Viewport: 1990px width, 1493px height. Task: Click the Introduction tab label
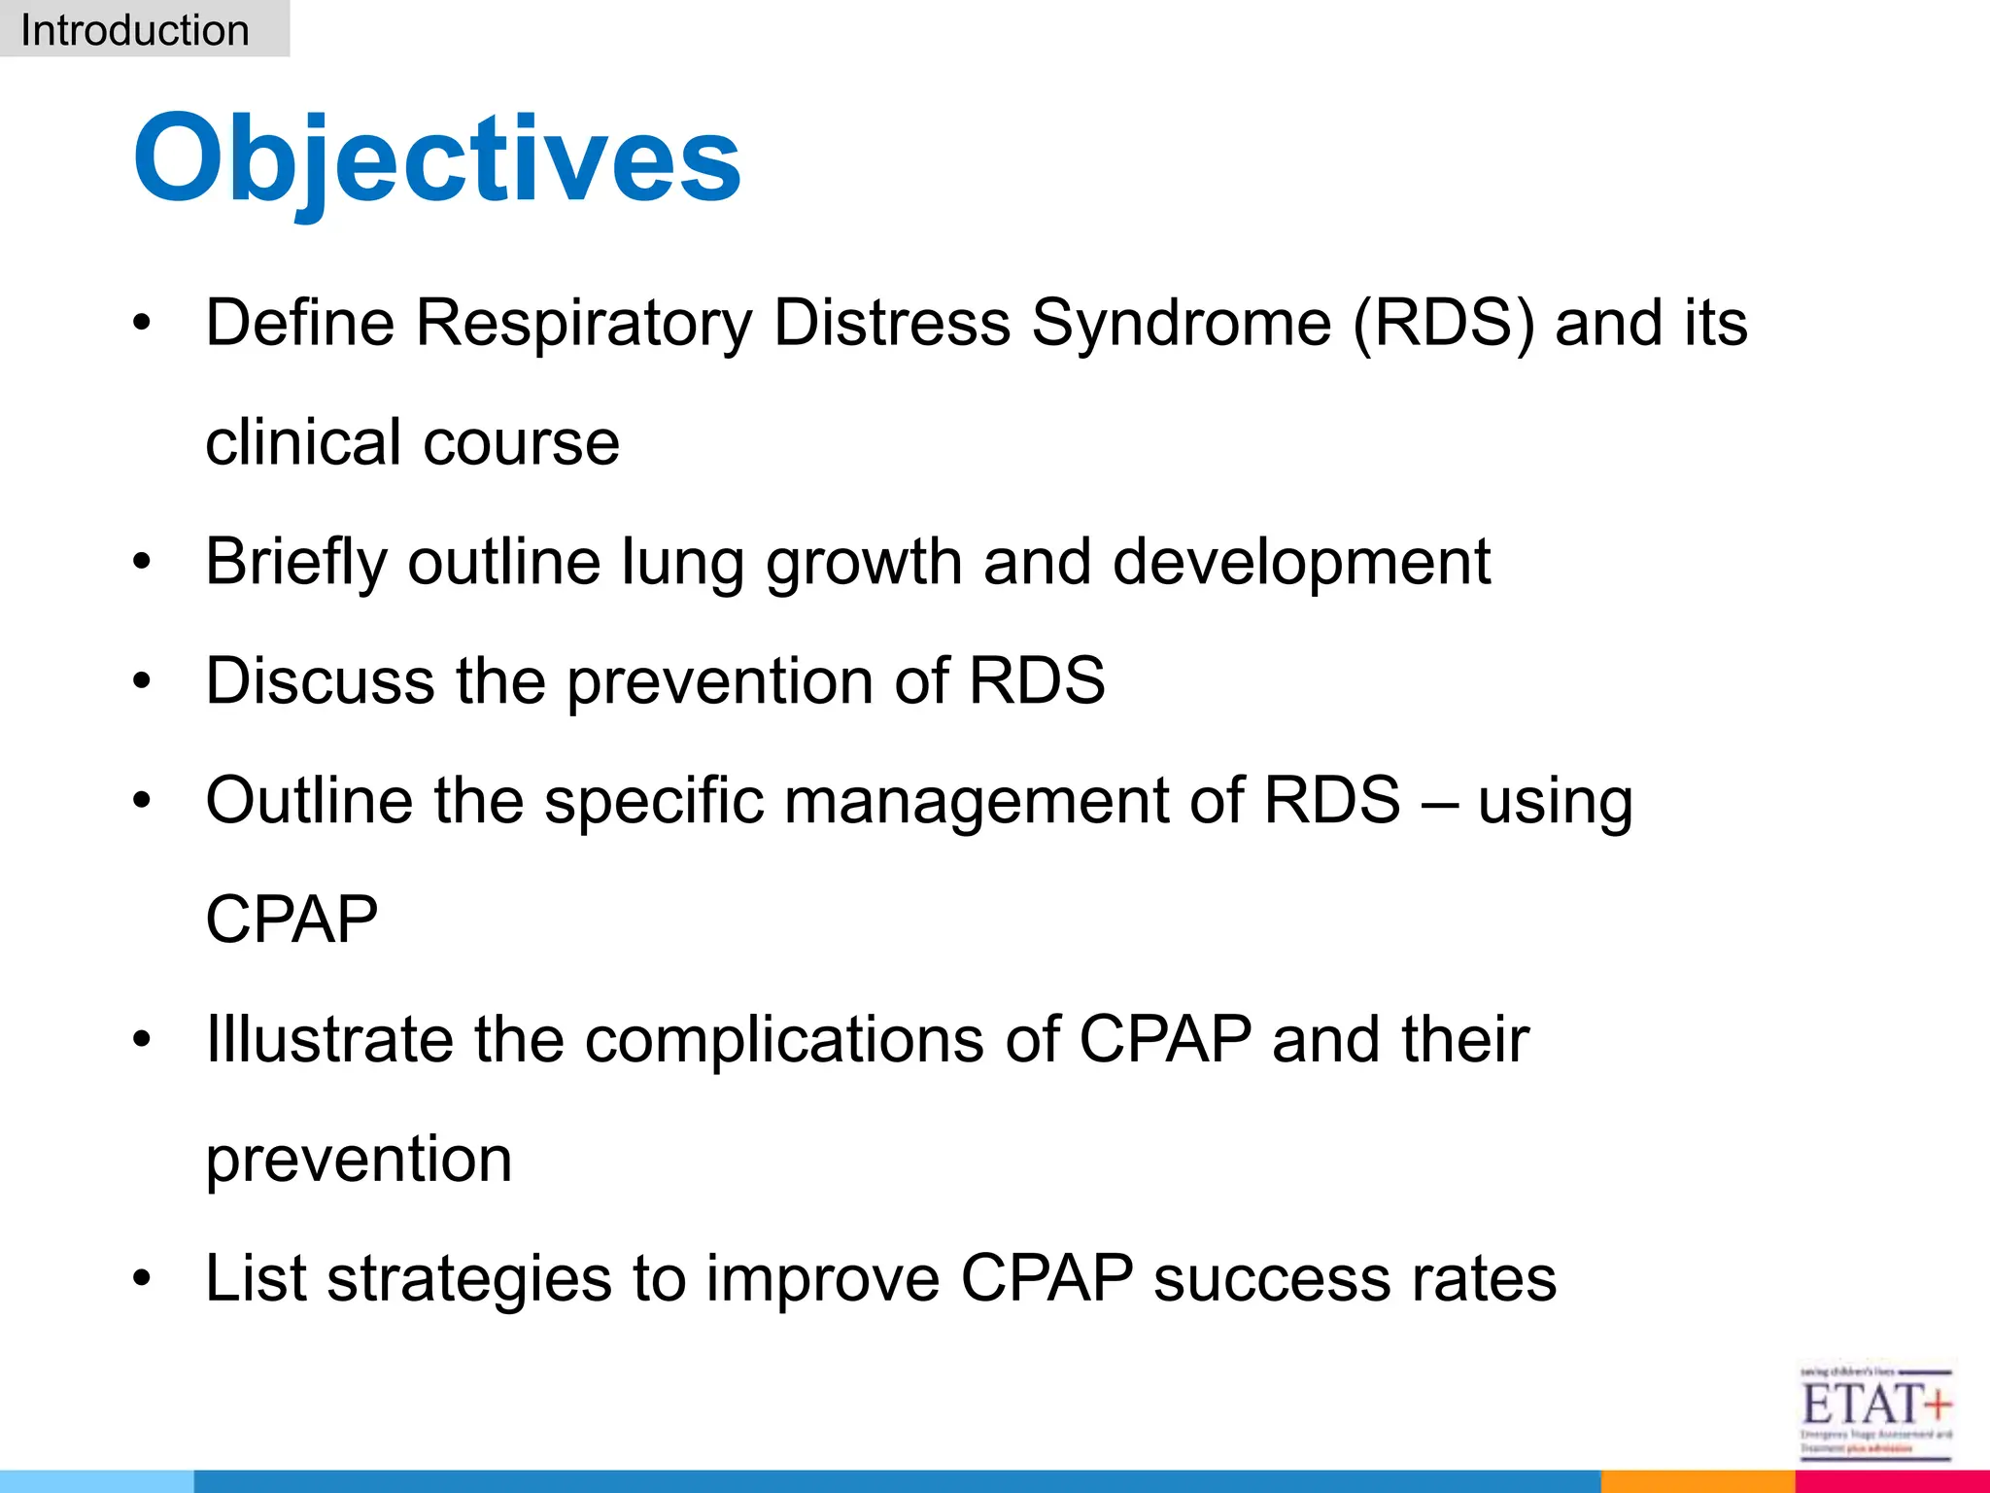click(135, 30)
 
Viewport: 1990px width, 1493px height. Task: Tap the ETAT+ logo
click(1874, 1409)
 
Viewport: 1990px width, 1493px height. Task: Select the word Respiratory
click(583, 323)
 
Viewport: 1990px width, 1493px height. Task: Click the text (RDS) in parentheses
click(1443, 323)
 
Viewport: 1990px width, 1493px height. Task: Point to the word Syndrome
click(1181, 323)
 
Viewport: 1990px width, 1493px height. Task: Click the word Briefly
click(295, 562)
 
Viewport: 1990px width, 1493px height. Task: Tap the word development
click(1300, 562)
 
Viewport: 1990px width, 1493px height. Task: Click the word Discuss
click(320, 680)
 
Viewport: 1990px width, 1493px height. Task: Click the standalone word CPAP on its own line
click(292, 920)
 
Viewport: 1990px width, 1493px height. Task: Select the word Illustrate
click(329, 1039)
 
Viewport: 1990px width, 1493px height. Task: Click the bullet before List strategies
click(143, 1278)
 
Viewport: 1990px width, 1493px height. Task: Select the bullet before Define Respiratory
click(143, 323)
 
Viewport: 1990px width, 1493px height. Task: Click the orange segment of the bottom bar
click(1697, 1481)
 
